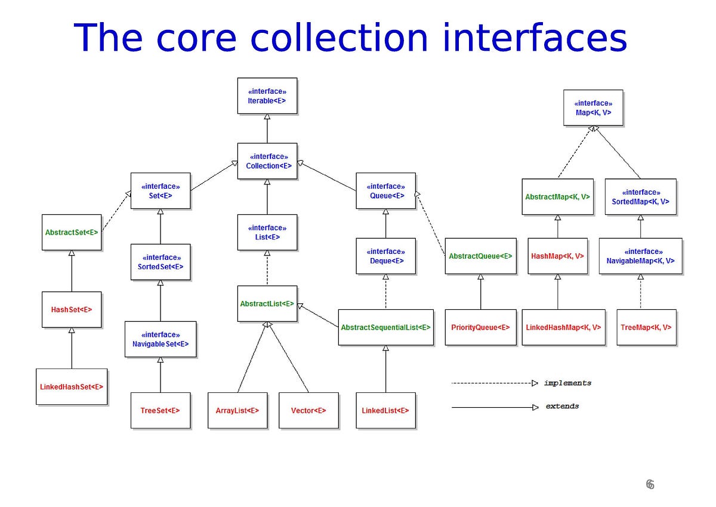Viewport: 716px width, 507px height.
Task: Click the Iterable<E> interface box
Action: coord(267,96)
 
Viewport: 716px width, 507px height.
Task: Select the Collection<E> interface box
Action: coord(267,161)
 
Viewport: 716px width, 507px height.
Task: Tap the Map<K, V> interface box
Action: coord(593,107)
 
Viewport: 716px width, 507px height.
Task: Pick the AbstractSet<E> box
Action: coord(72,232)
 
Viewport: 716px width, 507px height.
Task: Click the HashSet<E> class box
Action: coord(72,309)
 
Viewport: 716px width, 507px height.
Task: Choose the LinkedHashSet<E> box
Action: coord(72,386)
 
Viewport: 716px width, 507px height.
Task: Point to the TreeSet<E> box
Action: coord(161,410)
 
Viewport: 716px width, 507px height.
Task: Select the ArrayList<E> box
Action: coord(237,410)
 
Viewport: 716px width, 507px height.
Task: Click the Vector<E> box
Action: coord(308,410)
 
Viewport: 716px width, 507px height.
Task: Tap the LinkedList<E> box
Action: coord(385,410)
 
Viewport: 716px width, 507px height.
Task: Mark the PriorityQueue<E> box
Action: coord(480,327)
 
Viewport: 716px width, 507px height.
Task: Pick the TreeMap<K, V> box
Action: coord(646,327)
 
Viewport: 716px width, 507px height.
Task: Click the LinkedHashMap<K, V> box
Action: coord(563,327)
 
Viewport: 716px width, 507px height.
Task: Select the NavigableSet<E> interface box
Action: coord(161,339)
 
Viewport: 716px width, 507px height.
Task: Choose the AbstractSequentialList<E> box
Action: coord(385,327)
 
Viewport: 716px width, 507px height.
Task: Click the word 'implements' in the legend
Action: coord(567,383)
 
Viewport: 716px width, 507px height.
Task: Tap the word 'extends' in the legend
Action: coord(562,406)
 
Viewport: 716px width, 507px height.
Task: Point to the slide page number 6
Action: coord(650,484)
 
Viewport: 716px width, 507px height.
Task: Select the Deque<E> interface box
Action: coord(385,256)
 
